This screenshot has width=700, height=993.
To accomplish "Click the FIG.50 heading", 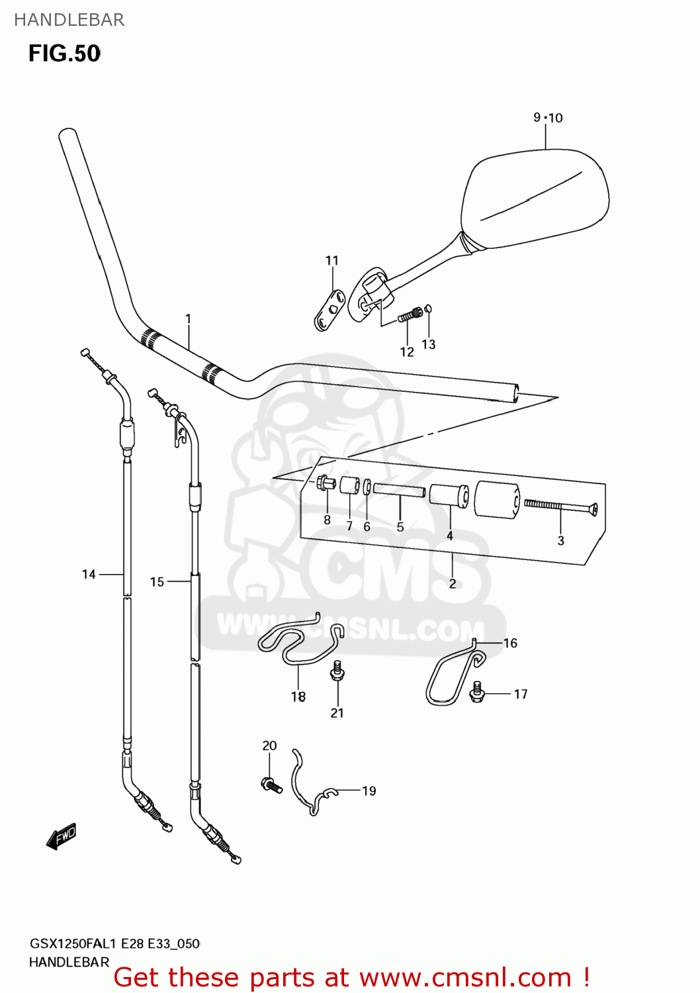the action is click(x=64, y=54).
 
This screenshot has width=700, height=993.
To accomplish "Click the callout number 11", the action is click(x=332, y=261).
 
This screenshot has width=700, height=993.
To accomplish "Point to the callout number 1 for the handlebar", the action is click(x=189, y=319).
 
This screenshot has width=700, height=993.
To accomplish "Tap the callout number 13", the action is click(x=429, y=344).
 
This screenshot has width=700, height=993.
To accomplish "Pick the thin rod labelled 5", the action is click(x=399, y=491).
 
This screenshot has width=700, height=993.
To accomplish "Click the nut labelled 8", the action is click(x=325, y=484).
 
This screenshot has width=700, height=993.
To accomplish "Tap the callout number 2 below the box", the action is click(x=453, y=584).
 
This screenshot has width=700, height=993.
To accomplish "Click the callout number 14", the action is click(x=89, y=575).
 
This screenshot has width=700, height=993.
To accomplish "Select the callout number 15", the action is click(x=157, y=582).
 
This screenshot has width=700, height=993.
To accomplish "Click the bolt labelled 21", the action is click(x=337, y=672).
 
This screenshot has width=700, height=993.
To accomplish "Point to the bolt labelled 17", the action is click(x=477, y=692).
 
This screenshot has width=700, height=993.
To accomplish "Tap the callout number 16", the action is click(x=510, y=643).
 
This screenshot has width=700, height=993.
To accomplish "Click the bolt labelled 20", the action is click(x=271, y=785).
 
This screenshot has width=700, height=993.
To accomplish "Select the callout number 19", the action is click(x=369, y=791).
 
